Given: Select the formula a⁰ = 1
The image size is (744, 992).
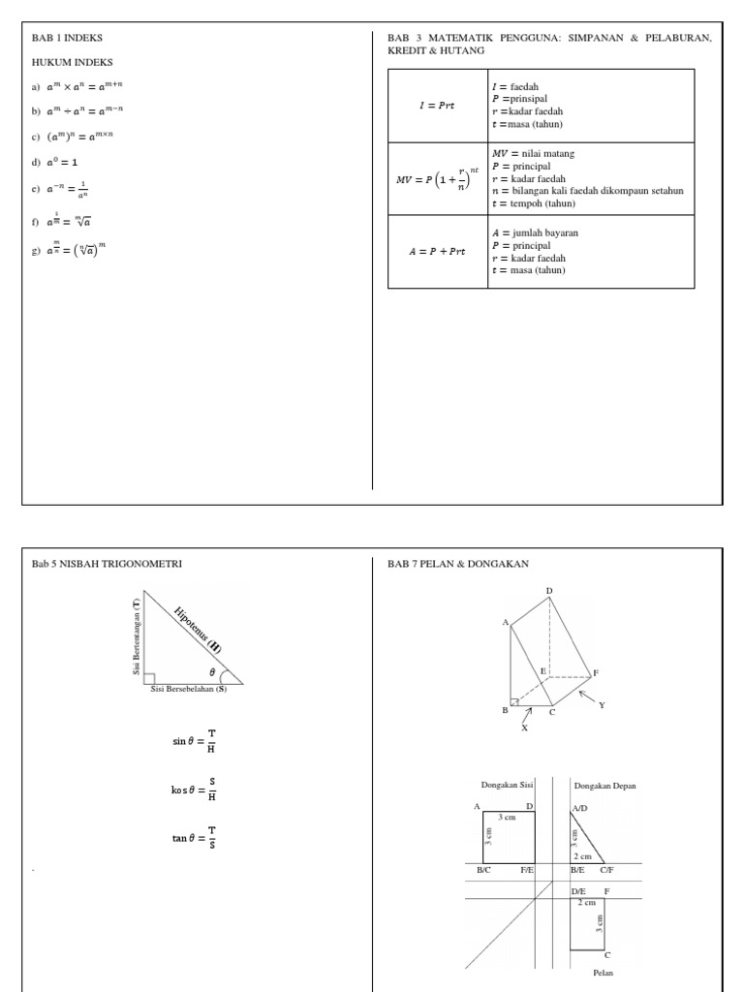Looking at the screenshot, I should click(61, 162).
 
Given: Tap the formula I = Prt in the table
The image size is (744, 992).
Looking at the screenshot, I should click(436, 106).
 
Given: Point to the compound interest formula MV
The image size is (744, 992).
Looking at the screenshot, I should click(437, 179).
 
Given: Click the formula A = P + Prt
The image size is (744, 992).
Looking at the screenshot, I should click(437, 252).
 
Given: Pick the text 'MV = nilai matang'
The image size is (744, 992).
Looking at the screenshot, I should click(539, 154).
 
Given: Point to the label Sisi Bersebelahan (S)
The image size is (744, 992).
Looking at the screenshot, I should click(188, 690).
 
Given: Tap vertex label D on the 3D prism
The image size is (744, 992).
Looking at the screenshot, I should click(548, 590).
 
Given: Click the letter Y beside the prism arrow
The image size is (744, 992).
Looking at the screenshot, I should click(601, 705).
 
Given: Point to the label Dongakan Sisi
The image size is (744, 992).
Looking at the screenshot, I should click(508, 785).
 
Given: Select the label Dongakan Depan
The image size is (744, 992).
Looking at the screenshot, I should click(605, 785).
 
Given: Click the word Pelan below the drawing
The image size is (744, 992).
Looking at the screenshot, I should click(603, 973).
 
